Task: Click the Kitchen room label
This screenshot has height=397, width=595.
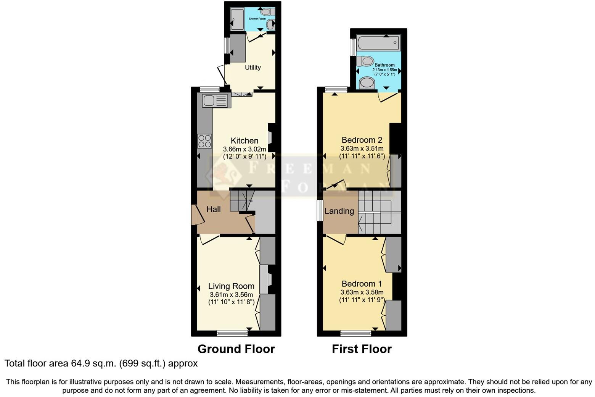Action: (x=244, y=140)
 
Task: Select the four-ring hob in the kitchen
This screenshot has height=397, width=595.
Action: (x=204, y=141)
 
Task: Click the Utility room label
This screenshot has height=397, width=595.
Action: (x=252, y=68)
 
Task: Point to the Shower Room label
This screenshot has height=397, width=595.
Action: (x=257, y=19)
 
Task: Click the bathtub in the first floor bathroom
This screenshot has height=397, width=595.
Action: (x=378, y=42)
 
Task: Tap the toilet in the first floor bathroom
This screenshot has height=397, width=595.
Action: (x=365, y=61)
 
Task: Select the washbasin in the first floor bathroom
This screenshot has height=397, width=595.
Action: (x=367, y=82)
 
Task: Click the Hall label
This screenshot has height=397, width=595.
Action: (x=214, y=209)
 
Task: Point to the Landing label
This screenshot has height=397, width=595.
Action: (x=339, y=211)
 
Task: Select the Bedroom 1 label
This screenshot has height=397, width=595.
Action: (x=362, y=284)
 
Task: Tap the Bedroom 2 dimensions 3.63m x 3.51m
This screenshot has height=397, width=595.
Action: (x=362, y=148)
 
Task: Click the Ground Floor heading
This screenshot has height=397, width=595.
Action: (x=236, y=349)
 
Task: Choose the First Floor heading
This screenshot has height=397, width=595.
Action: (x=362, y=349)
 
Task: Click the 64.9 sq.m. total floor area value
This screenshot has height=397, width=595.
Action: (x=93, y=363)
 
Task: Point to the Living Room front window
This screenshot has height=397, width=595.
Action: (x=232, y=334)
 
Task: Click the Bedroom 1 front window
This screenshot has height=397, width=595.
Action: (x=355, y=334)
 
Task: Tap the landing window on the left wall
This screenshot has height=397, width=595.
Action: (x=320, y=210)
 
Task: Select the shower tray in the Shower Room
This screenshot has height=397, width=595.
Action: (x=238, y=19)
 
